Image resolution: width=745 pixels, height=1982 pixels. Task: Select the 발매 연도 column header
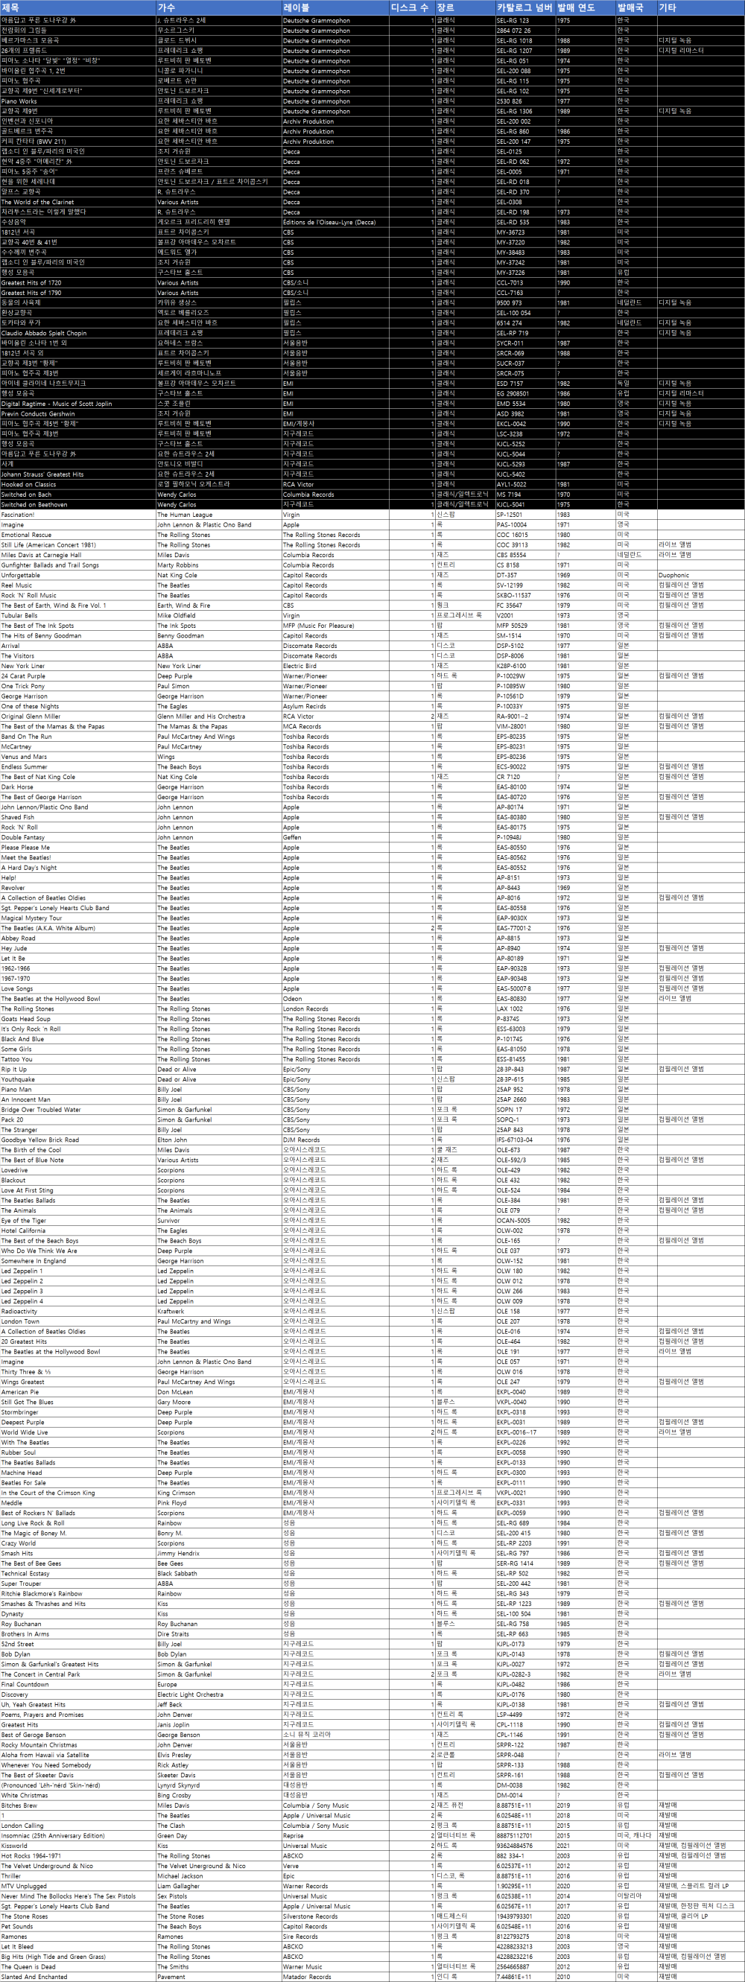tap(576, 7)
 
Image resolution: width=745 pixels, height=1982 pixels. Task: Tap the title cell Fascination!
tap(18, 515)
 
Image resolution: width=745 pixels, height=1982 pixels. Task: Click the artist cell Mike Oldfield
tap(177, 615)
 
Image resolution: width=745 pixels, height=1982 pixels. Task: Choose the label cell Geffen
tap(292, 837)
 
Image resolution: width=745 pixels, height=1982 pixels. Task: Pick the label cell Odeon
tap(292, 999)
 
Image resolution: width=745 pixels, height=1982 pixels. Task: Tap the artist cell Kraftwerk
tap(171, 1311)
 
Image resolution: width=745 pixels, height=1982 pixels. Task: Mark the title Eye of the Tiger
tap(24, 1220)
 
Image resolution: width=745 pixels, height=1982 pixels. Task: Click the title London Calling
tap(22, 1825)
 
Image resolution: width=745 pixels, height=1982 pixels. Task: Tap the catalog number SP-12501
tap(510, 515)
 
